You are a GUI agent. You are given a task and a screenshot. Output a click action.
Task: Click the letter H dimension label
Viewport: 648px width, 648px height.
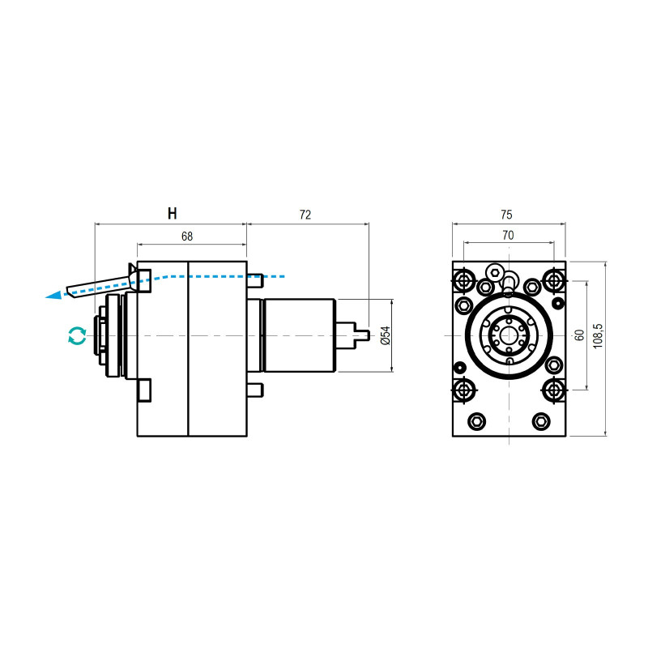[x=172, y=214]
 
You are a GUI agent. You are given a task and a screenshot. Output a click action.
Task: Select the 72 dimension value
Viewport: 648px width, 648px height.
[x=305, y=215]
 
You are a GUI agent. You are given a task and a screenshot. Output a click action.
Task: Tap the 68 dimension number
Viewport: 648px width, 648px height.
[x=187, y=237]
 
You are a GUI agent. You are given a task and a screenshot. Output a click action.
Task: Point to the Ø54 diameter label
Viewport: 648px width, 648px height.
[x=386, y=335]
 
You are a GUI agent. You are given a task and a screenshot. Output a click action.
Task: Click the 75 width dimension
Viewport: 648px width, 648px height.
[x=506, y=215]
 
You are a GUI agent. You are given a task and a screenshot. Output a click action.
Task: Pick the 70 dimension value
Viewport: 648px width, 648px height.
[x=508, y=235]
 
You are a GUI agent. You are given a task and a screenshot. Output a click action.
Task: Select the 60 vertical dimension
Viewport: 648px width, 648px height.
[x=579, y=335]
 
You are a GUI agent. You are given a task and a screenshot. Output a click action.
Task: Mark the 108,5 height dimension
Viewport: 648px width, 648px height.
[x=599, y=335]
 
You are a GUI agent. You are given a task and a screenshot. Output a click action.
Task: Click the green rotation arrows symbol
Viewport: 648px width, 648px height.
[x=77, y=336]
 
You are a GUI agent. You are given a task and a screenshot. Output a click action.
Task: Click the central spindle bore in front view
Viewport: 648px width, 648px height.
[x=509, y=335]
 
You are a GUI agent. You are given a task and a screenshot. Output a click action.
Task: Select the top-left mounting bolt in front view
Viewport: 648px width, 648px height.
[x=464, y=280]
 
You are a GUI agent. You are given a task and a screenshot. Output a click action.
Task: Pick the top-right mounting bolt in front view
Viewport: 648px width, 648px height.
[x=554, y=280]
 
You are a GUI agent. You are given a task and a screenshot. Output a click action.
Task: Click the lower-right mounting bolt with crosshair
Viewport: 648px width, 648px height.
[x=554, y=390]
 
